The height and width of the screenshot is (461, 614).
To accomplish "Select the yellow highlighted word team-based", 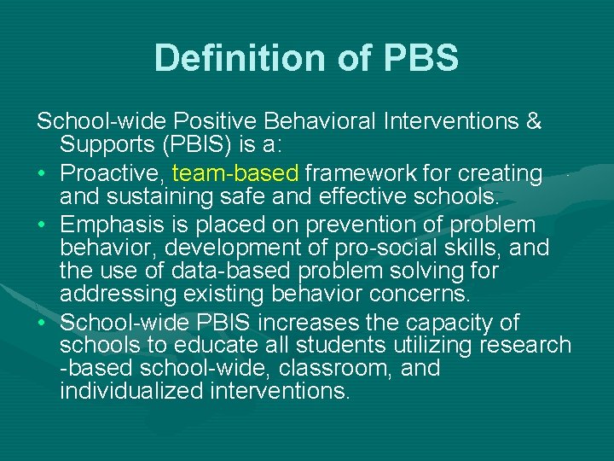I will tap(235, 173).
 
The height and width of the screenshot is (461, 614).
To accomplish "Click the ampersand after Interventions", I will tap(534, 121).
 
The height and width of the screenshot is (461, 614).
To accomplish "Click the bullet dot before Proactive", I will tap(42, 174).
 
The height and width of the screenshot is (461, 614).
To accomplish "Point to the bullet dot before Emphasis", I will tap(42, 226).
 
